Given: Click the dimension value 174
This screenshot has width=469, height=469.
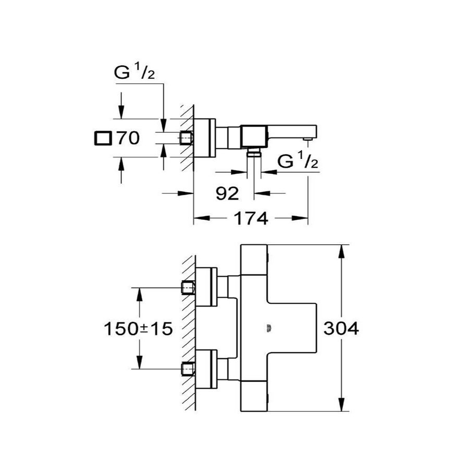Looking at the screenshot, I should [x=251, y=218].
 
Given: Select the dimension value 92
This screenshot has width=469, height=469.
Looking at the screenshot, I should [x=227, y=193].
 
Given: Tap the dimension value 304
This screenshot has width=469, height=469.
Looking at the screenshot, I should [x=341, y=329].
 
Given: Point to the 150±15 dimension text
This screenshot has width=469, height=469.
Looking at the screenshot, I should [x=137, y=329].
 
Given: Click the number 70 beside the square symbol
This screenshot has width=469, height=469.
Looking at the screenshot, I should [x=128, y=139].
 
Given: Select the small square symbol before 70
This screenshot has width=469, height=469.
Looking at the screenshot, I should [x=102, y=139].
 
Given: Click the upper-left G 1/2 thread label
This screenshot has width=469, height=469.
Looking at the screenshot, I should [x=133, y=73].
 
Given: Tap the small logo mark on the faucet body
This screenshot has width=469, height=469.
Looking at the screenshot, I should [x=269, y=328].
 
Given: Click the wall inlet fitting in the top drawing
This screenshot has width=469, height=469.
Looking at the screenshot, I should [x=187, y=138].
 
